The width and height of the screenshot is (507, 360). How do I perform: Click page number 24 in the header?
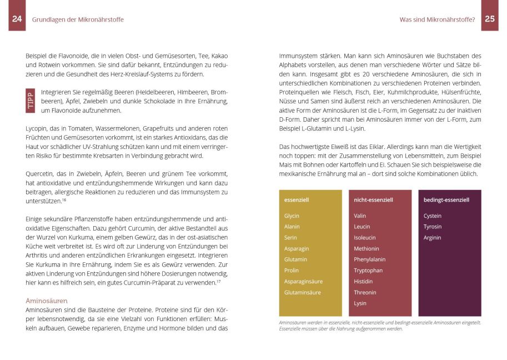(17, 19)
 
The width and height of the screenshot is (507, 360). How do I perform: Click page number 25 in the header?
(490, 19)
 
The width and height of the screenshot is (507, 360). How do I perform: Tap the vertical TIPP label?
(31, 101)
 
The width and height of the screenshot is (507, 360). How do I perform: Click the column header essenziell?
(297, 199)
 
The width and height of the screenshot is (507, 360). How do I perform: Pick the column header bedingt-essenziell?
(446, 199)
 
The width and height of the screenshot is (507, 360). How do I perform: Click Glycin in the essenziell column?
(292, 216)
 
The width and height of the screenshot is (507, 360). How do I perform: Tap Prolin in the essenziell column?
(292, 271)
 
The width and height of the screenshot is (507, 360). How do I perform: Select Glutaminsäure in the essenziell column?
(303, 292)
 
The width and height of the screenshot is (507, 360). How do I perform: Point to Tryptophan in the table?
(368, 271)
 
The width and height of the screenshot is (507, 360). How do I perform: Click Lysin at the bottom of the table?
(360, 303)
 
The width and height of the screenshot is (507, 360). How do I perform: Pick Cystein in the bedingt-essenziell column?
(433, 216)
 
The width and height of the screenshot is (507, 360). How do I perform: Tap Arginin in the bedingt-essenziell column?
(433, 238)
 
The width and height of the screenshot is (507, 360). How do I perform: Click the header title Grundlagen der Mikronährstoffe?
(78, 19)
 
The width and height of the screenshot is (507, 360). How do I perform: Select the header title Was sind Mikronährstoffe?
(437, 19)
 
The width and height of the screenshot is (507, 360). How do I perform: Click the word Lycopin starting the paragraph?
(37, 128)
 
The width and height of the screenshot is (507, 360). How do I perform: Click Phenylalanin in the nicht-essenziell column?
(370, 259)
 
